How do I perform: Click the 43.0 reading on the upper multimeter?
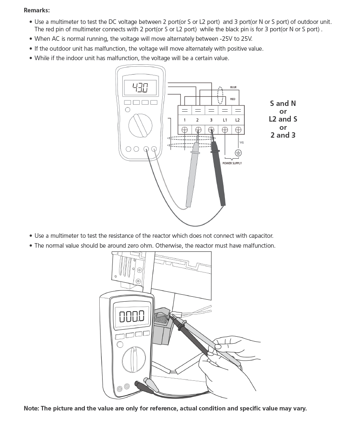(x=140, y=88)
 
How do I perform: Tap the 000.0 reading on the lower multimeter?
(x=132, y=316)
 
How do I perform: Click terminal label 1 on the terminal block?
(x=185, y=120)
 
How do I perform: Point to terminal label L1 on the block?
(x=225, y=120)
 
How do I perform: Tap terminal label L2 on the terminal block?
(x=238, y=120)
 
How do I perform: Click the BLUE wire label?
(x=233, y=87)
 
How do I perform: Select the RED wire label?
(x=233, y=99)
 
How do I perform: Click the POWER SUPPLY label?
(x=232, y=164)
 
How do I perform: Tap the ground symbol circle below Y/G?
(x=238, y=152)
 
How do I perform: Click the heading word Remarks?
(x=37, y=10)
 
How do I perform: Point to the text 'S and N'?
(x=283, y=103)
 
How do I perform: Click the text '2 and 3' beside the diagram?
(x=283, y=135)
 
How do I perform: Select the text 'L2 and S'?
(x=283, y=119)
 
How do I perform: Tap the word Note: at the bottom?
(x=31, y=408)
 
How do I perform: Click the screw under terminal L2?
(x=238, y=129)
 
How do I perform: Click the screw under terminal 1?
(x=185, y=129)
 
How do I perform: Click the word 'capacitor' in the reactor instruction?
(x=260, y=236)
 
